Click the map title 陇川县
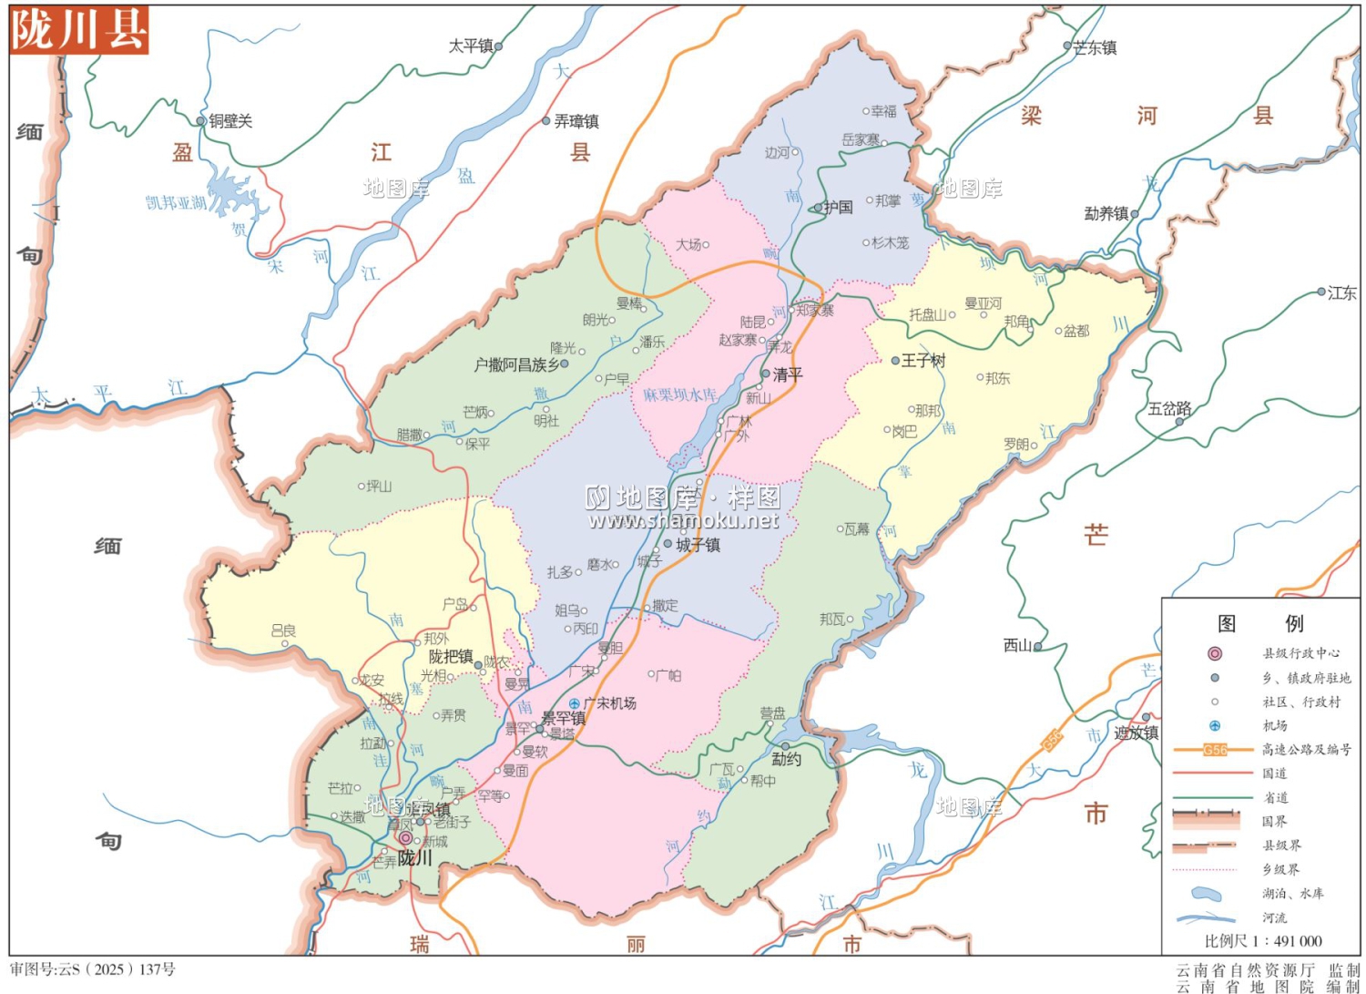tap(78, 30)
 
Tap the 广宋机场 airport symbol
tap(575, 703)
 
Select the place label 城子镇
tap(698, 545)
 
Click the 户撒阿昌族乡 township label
tap(516, 364)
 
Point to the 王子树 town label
tap(923, 361)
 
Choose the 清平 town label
tap(788, 374)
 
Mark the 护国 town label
tap(838, 208)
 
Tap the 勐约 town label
tap(786, 759)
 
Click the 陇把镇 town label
tap(451, 657)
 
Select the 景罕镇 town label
tap(564, 718)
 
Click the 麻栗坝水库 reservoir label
tap(679, 395)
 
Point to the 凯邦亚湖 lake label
tap(176, 202)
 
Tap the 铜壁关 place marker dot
tap(201, 121)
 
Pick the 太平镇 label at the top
tap(470, 46)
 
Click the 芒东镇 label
tap(1095, 47)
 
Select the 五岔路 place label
tap(1169, 409)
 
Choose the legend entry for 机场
tap(1274, 726)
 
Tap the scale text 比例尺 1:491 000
tap(1262, 941)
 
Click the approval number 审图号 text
tap(93, 969)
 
